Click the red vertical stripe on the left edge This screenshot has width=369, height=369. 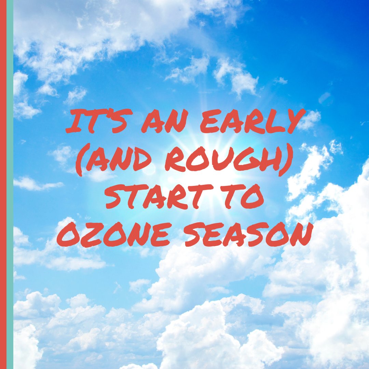pos(3,184)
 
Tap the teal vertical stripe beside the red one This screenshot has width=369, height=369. pos(10,184)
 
